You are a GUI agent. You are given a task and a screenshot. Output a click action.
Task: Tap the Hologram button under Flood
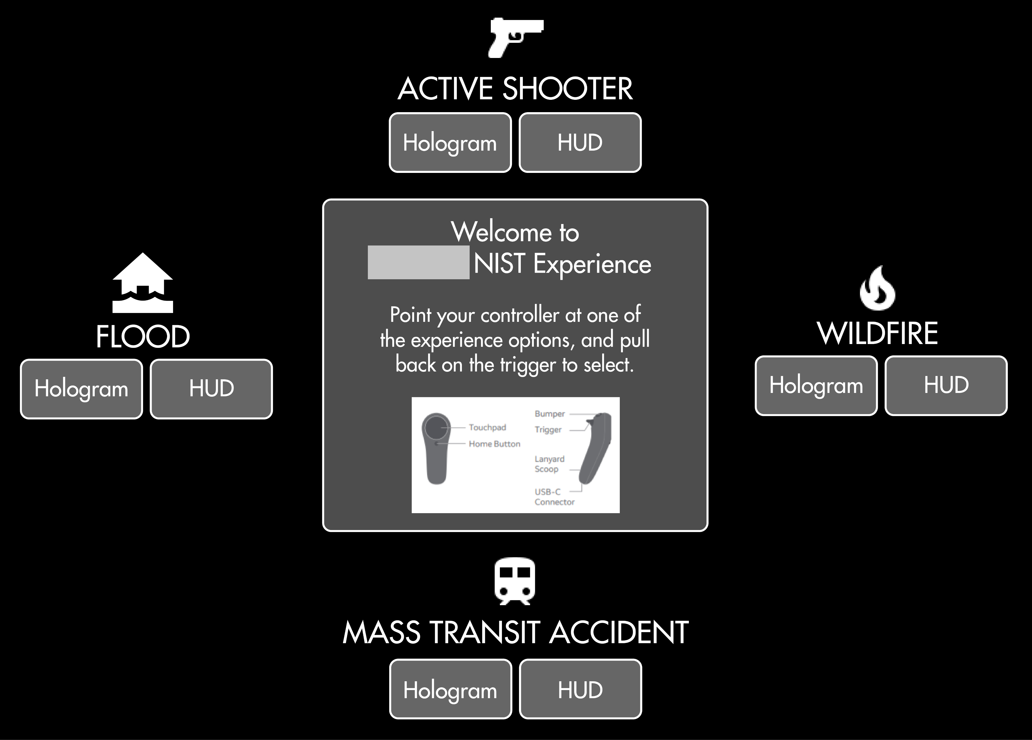click(x=81, y=389)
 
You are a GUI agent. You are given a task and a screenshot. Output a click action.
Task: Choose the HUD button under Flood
click(x=211, y=389)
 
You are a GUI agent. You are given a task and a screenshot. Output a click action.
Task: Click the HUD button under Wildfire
click(x=946, y=385)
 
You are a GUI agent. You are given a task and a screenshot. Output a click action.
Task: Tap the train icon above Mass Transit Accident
click(x=515, y=581)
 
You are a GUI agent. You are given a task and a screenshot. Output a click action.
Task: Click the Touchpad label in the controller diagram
click(x=487, y=427)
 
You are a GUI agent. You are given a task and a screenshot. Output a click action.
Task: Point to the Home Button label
click(x=494, y=444)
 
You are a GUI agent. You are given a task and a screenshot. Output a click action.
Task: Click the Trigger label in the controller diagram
click(x=548, y=430)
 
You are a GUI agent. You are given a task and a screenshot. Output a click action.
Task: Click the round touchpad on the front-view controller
click(x=436, y=427)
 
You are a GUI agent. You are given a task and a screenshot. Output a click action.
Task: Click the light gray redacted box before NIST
click(x=418, y=262)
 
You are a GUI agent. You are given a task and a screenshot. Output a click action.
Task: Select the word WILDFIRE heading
click(x=877, y=334)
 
